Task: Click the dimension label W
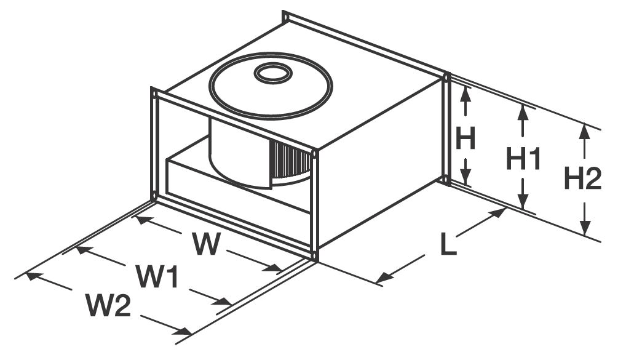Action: click(x=205, y=244)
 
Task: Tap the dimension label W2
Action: click(x=108, y=305)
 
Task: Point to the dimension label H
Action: click(x=465, y=139)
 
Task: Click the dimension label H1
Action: click(x=523, y=159)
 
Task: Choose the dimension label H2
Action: click(x=582, y=180)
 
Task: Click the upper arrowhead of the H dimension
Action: click(x=465, y=92)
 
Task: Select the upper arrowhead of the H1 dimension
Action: click(x=523, y=111)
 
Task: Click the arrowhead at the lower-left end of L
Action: click(x=383, y=279)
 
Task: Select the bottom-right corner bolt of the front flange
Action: click(x=315, y=254)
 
